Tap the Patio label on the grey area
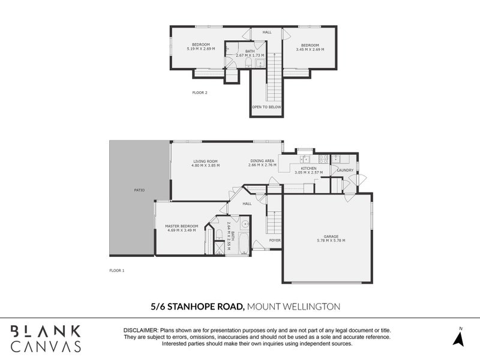pos(139,190)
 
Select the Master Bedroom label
pos(181,226)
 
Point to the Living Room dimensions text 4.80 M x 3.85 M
pos(205,165)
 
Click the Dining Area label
pos(262,160)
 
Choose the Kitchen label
pos(309,169)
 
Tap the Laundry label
pos(345,170)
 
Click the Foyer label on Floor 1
pos(275,240)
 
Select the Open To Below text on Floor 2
pos(266,107)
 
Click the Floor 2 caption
pos(199,93)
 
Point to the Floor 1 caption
pos(116,271)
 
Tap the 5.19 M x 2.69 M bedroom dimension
pos(200,49)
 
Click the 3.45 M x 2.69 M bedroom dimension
pos(310,49)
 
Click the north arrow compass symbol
pos(460,337)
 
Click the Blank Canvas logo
pos(46,337)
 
